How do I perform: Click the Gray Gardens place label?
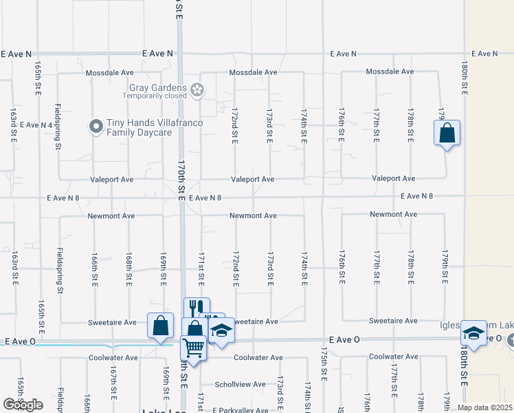click(x=157, y=87)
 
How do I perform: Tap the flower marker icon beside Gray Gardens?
click(x=197, y=89)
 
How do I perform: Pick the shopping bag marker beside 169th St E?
click(x=160, y=325)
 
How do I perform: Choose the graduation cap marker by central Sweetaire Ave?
click(x=221, y=333)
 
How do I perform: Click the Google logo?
click(x=23, y=405)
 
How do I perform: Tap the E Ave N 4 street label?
click(x=37, y=125)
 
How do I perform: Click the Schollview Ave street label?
click(x=240, y=384)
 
